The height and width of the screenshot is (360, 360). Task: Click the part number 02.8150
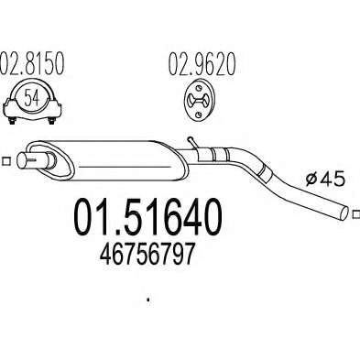32,63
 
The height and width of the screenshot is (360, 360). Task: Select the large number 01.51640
147,217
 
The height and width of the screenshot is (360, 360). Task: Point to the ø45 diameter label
325,179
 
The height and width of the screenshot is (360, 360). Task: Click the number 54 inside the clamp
32,98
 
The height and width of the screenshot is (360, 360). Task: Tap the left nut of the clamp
12,121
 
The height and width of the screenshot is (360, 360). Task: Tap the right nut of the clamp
51,121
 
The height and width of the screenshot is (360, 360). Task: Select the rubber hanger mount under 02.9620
200,99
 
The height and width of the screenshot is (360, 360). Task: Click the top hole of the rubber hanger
199,88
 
